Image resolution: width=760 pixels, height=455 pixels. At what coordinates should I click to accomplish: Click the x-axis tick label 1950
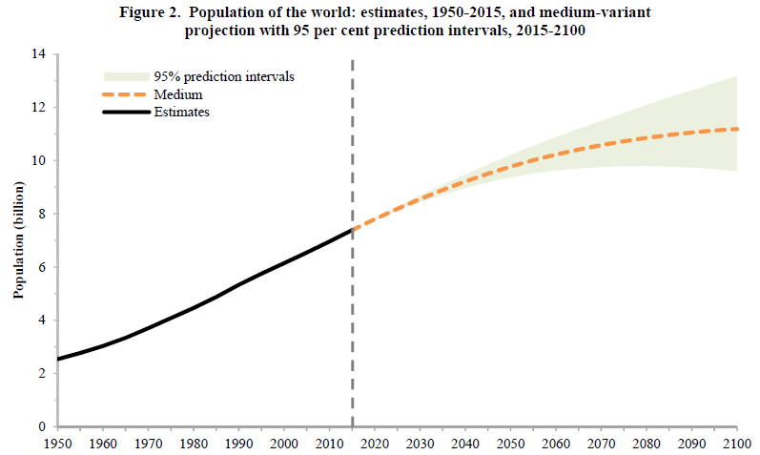(x=57, y=444)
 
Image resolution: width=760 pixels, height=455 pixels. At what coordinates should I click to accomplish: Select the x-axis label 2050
(x=511, y=444)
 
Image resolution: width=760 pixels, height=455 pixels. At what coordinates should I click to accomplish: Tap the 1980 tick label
(x=194, y=444)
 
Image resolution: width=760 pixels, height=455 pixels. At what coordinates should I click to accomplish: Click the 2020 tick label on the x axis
(x=375, y=444)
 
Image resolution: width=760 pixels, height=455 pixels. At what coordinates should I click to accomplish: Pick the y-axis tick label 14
(x=39, y=54)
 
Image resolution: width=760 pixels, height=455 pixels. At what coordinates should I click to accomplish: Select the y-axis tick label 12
(x=39, y=108)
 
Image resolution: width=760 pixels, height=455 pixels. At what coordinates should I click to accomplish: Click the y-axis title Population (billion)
(x=18, y=240)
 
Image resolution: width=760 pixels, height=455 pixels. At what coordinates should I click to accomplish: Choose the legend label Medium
(x=177, y=95)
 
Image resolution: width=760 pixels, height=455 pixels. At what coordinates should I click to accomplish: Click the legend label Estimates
(x=181, y=113)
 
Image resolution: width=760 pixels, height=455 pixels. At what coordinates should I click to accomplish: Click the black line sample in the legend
(x=124, y=113)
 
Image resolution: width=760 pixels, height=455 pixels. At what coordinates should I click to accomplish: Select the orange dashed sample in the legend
(x=124, y=95)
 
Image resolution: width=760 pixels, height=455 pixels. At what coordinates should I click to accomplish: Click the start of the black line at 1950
(x=58, y=359)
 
